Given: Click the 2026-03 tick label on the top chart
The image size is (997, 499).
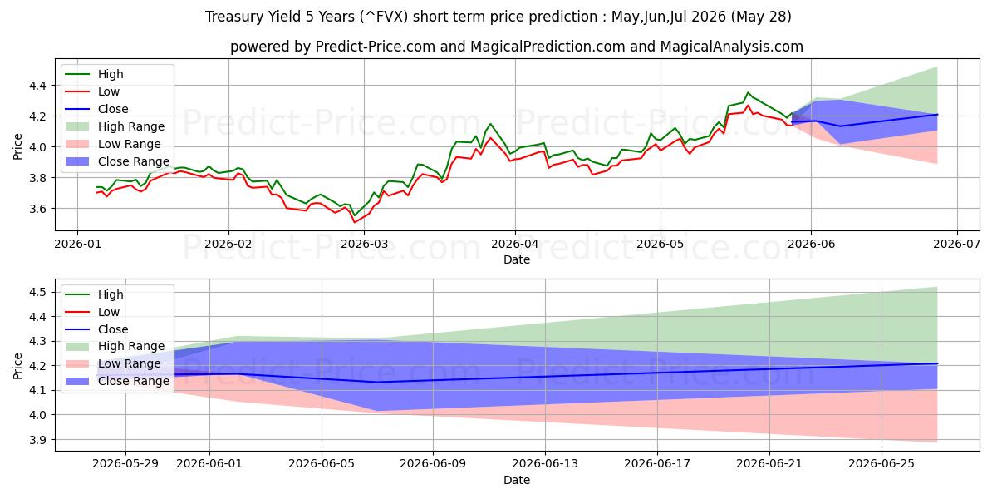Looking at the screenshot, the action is (x=364, y=244).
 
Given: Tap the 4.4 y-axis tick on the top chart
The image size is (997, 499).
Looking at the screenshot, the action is (x=37, y=85).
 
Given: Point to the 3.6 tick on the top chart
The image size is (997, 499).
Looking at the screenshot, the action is (x=37, y=209).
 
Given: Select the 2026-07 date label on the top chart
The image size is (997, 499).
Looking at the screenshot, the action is (x=956, y=244).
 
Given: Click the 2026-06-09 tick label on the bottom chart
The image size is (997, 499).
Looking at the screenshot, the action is (x=433, y=463).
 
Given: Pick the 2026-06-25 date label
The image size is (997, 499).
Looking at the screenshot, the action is (x=882, y=463).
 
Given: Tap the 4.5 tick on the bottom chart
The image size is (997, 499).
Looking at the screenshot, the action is (x=37, y=292).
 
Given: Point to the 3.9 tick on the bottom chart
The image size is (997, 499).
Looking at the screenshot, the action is (x=37, y=440).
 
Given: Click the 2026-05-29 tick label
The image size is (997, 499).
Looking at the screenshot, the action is (x=125, y=463).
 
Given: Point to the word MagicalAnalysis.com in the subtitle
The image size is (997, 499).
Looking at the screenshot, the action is (x=732, y=47).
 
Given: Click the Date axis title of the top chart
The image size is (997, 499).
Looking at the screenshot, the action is (x=516, y=259).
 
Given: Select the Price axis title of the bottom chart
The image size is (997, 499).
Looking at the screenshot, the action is (x=17, y=366).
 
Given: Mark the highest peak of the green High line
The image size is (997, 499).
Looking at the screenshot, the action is (x=748, y=92).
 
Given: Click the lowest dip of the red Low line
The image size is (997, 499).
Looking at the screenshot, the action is (x=354, y=222).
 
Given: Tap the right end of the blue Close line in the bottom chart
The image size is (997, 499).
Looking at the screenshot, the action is (x=937, y=363).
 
